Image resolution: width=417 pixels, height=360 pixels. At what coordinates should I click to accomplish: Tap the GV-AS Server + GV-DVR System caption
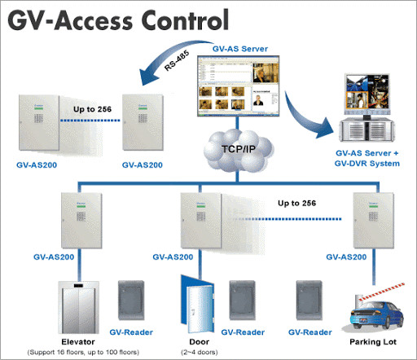point(368,158)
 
